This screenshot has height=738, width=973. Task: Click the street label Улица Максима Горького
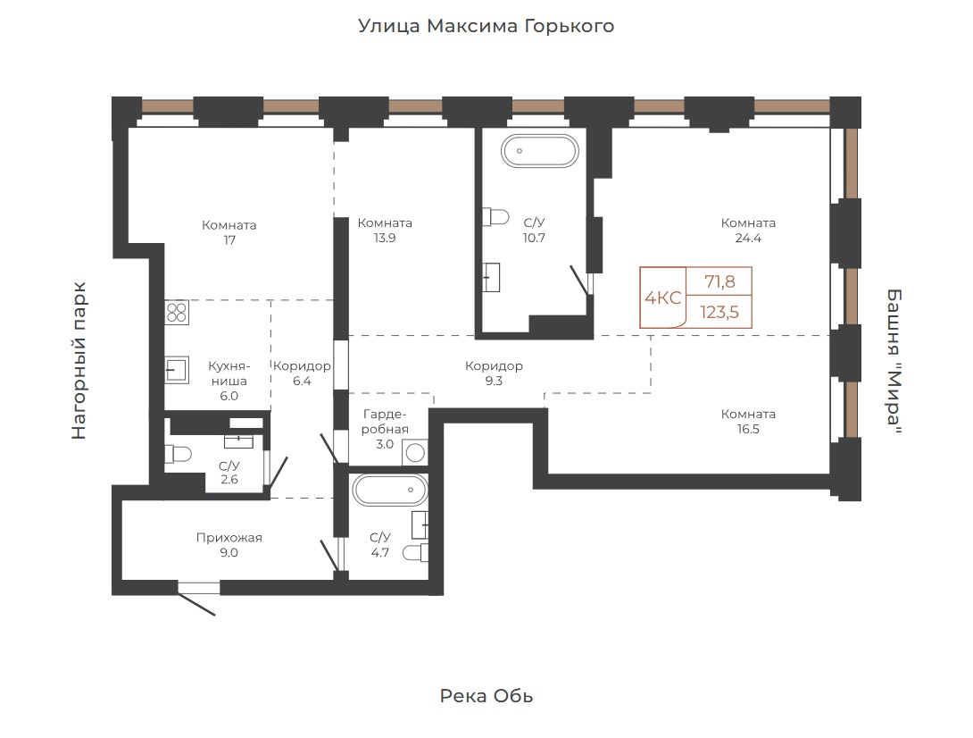point(486,26)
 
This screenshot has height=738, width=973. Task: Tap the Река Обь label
point(486,696)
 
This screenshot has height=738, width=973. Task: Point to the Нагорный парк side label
point(79,361)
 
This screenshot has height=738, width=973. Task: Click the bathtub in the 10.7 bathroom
point(540,151)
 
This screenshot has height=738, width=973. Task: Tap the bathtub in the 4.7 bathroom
point(390,490)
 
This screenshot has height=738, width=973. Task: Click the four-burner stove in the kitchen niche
point(177,313)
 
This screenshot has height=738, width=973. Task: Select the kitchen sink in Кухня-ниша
point(177,370)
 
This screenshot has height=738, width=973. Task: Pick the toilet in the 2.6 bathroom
point(178,454)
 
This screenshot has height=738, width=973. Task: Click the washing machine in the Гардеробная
point(414,452)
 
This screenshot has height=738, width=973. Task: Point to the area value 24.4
point(748,238)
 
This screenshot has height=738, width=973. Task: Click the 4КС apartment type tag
point(662,298)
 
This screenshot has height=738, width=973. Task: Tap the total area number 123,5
point(719,312)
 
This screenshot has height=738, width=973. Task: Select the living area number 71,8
point(719,282)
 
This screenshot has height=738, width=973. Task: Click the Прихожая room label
point(229,538)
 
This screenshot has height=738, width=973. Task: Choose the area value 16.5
point(748,429)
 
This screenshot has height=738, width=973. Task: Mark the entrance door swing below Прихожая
point(197,599)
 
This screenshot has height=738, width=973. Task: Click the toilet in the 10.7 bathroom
point(495,217)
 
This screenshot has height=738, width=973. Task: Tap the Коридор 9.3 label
point(494,373)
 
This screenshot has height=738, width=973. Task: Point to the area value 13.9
point(385,238)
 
